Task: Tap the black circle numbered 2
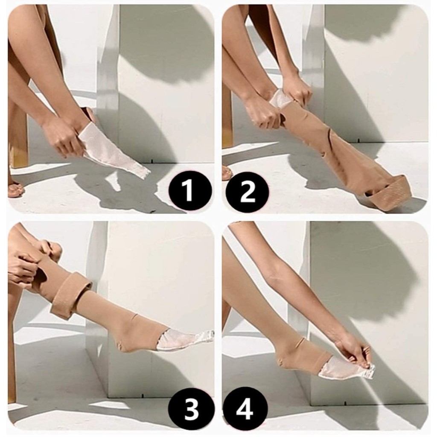click(247, 192)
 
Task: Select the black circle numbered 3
click(191, 409)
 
